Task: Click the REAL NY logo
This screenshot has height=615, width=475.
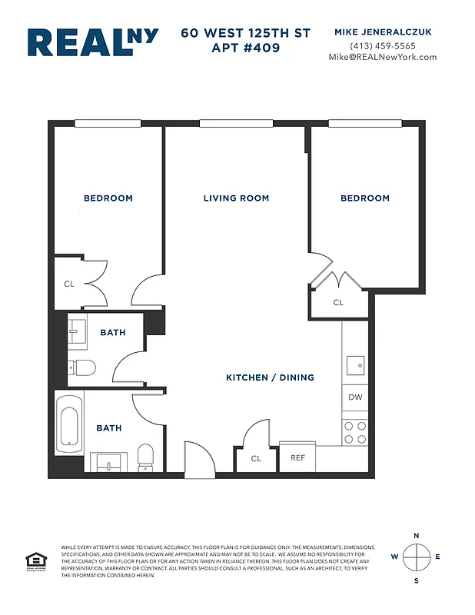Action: [x=93, y=43]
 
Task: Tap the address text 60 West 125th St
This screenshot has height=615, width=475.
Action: [x=246, y=33]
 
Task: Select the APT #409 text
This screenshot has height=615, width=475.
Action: [x=246, y=48]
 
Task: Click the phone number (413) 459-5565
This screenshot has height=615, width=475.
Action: [x=382, y=45]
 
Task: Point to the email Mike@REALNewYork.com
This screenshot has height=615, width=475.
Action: [x=382, y=57]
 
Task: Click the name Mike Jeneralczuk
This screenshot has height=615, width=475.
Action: [x=382, y=32]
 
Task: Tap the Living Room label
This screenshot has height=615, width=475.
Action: [x=236, y=198]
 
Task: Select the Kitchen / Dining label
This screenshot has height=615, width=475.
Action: [x=270, y=377]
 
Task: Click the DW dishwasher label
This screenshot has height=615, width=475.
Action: [x=355, y=397]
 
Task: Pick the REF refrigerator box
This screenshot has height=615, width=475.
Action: [x=297, y=458]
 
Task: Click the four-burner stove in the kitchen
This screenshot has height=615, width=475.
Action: [x=355, y=432]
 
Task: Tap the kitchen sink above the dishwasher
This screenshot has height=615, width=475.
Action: [x=355, y=364]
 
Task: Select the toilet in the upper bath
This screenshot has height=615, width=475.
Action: [x=81, y=367]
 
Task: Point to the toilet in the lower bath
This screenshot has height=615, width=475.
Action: [x=145, y=458]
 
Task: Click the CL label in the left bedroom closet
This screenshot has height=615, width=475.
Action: [x=69, y=284]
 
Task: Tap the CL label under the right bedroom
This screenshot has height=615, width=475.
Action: [x=338, y=303]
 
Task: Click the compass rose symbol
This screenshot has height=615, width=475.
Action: [x=416, y=557]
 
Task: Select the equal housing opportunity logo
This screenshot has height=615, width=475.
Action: [x=34, y=562]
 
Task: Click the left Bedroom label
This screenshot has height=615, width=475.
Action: [x=108, y=198]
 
